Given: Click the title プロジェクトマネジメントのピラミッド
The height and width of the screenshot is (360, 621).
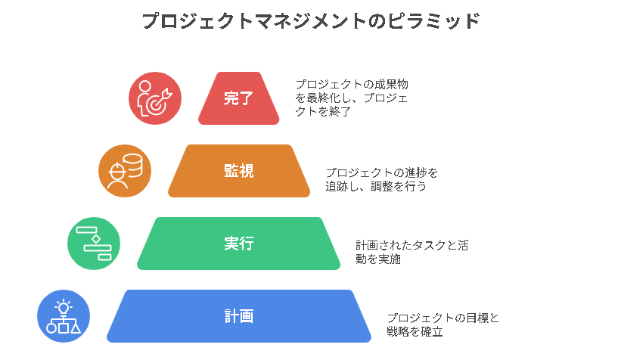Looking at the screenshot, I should (x=310, y=21).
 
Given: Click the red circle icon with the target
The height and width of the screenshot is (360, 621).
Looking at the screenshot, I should (x=155, y=98).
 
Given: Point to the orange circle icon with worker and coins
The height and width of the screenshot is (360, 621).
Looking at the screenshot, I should (x=125, y=171).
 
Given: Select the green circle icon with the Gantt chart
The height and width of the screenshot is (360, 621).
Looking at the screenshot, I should (x=94, y=244).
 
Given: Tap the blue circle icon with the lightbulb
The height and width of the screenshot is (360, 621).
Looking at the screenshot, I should (x=64, y=316).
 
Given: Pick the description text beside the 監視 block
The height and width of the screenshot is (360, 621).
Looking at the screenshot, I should (x=381, y=178).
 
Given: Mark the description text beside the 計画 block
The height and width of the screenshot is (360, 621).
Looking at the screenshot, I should (x=442, y=324).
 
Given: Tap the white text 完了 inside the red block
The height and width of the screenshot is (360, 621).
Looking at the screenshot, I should (x=238, y=98).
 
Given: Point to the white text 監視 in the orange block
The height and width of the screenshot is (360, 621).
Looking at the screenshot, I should (x=238, y=171).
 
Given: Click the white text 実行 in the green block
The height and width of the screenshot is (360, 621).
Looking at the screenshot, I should (x=238, y=244).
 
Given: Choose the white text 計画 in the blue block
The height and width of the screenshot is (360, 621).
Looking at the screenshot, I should (x=238, y=316).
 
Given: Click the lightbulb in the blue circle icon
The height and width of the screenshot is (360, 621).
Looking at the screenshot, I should (x=64, y=307).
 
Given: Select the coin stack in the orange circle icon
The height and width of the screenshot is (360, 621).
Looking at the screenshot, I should (x=133, y=164).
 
